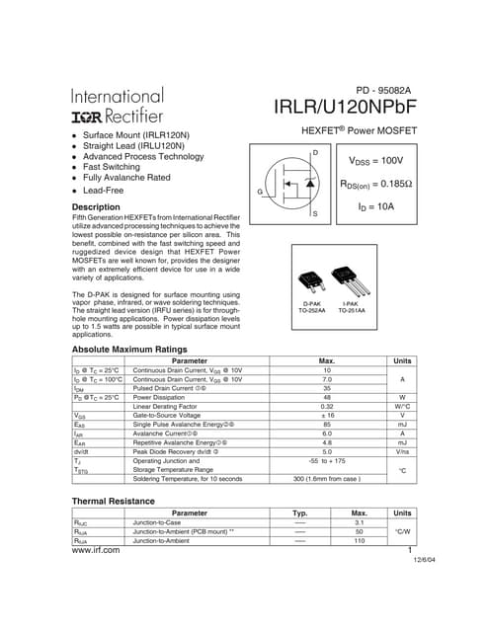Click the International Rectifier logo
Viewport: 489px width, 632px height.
118,107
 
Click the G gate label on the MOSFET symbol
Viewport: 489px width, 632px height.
259,190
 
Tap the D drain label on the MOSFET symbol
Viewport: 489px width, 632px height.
314,152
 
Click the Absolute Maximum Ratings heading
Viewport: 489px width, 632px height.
129,350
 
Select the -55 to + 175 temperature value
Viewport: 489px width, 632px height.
327,461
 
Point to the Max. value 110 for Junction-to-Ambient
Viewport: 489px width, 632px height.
360,541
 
